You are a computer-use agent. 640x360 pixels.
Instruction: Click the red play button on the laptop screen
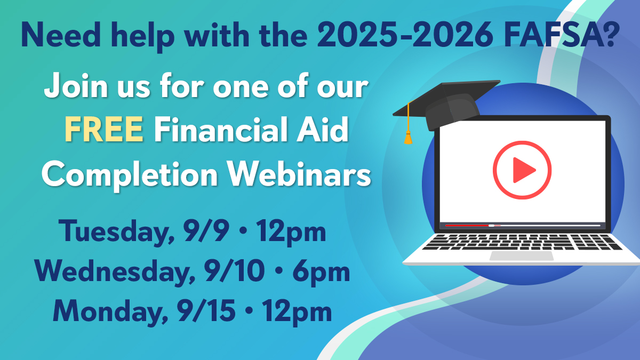pyautogui.click(x=522, y=170)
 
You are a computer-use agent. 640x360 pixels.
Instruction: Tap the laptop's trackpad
pyautogui.click(x=521, y=255)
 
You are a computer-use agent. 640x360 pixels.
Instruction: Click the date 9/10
pyautogui.click(x=235, y=272)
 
